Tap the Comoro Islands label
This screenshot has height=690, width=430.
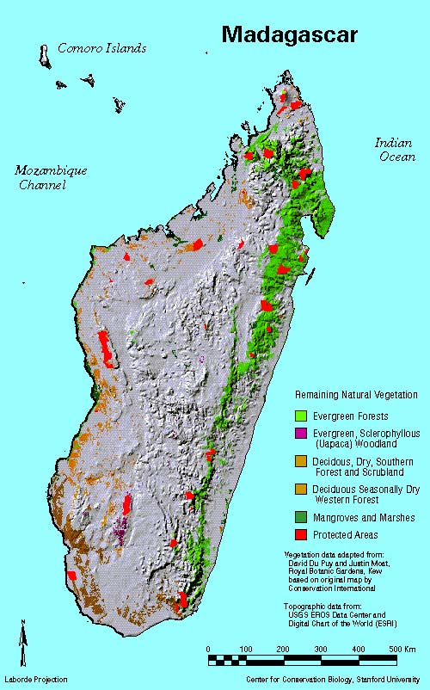tap(101, 48)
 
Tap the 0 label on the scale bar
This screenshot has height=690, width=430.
tap(209, 648)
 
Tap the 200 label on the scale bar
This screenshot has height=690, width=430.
tap(283, 648)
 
